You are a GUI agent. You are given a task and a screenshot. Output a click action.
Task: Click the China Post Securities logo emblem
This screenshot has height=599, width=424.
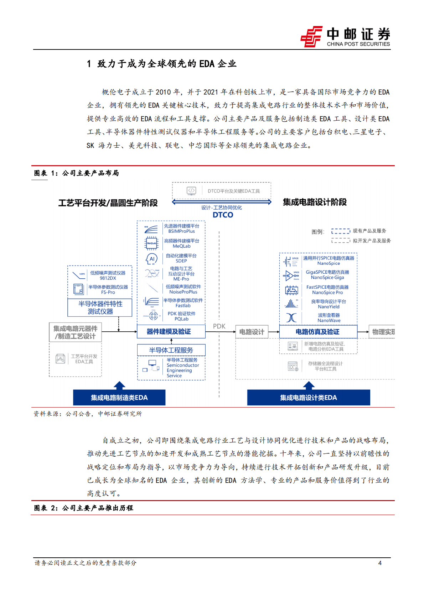[x=311, y=36]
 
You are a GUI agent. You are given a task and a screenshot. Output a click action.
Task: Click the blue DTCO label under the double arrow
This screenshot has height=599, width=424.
[x=223, y=215]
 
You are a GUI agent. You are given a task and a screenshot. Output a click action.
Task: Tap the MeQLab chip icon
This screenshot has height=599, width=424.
[x=151, y=243]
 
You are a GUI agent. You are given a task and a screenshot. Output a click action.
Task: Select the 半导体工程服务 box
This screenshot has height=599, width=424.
[x=171, y=350]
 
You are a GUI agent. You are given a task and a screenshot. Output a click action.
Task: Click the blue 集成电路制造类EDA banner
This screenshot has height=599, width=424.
[x=119, y=398]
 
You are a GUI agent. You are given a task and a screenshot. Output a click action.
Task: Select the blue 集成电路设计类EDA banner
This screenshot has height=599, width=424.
[x=308, y=398]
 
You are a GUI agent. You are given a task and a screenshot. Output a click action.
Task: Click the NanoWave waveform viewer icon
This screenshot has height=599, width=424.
[x=291, y=317]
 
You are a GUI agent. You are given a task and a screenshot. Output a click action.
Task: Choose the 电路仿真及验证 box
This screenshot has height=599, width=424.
[x=318, y=332]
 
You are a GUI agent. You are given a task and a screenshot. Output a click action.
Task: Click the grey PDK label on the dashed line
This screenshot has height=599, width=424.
[x=219, y=326]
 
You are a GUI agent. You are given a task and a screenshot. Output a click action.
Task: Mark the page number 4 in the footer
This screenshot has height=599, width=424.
[x=380, y=563]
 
